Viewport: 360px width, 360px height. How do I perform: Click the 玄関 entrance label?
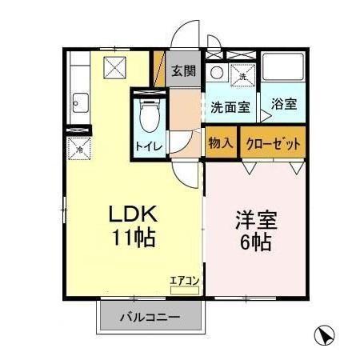click(183, 70)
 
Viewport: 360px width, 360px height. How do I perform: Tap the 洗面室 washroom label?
click(230, 106)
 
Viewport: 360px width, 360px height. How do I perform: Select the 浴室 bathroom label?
click(282, 103)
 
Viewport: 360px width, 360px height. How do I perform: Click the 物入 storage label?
click(221, 144)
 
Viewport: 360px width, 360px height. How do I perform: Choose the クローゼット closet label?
click(274, 144)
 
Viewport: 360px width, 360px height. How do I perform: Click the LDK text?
click(131, 214)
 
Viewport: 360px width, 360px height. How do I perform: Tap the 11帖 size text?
click(131, 238)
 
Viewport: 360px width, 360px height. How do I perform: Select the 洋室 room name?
click(254, 218)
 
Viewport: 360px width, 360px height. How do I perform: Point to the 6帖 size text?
click(254, 242)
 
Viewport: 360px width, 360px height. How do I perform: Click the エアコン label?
click(182, 281)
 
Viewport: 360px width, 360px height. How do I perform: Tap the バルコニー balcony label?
click(150, 317)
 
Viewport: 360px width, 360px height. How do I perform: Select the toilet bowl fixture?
click(148, 117)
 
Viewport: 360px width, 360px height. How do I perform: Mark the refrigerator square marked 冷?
click(79, 149)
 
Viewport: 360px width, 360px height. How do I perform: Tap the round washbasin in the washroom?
click(216, 73)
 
